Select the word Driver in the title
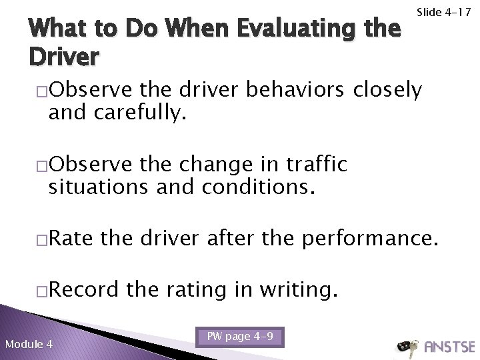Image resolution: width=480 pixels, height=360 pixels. click(x=64, y=57)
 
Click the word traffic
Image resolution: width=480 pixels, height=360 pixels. click(x=309, y=165)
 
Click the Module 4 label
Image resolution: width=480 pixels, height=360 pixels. click(x=30, y=344)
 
